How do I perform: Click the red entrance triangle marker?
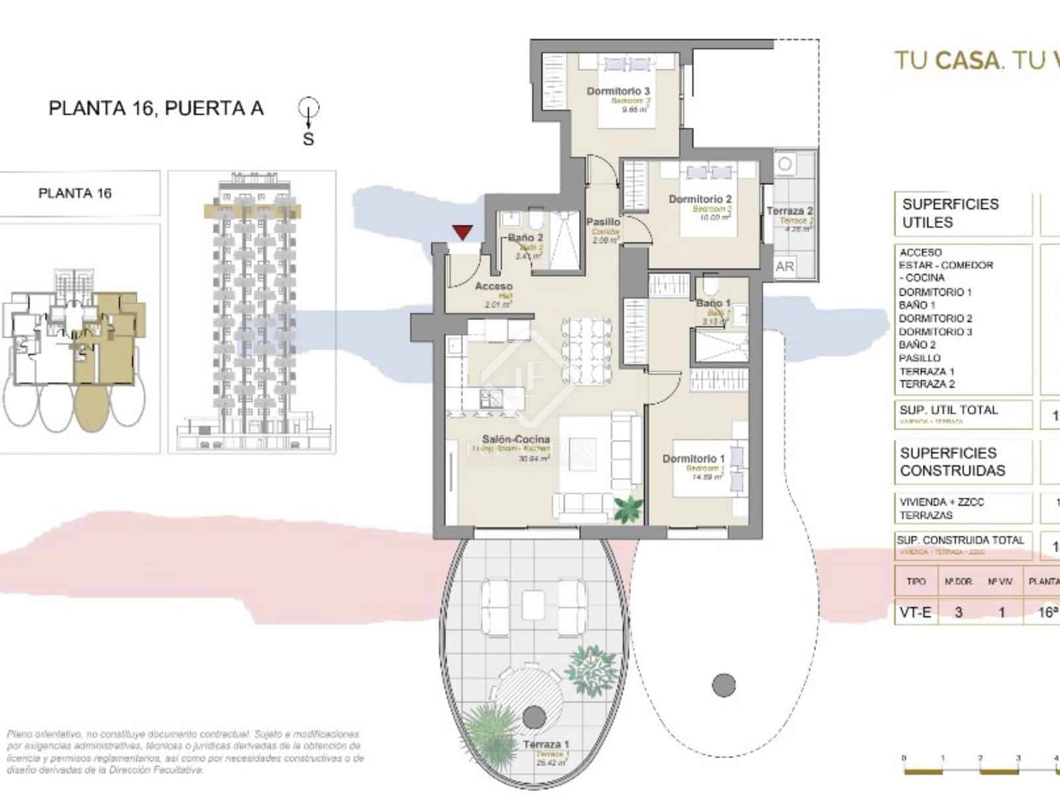click(462, 232)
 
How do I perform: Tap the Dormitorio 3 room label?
click(617, 91)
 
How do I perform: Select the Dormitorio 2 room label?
click(700, 199)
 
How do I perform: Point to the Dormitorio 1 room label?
click(693, 458)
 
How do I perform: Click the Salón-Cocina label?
click(515, 439)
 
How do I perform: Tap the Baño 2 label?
click(525, 237)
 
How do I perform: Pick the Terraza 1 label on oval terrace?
click(545, 745)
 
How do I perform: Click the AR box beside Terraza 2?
click(784, 266)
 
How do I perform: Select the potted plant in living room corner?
click(627, 509)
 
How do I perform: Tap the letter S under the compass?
click(308, 139)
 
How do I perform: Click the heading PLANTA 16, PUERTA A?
click(156, 108)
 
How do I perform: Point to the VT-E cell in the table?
click(915, 612)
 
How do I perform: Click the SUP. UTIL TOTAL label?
click(948, 410)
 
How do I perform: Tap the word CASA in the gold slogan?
click(966, 61)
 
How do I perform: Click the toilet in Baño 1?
click(712, 287)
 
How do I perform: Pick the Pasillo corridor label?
click(603, 222)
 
